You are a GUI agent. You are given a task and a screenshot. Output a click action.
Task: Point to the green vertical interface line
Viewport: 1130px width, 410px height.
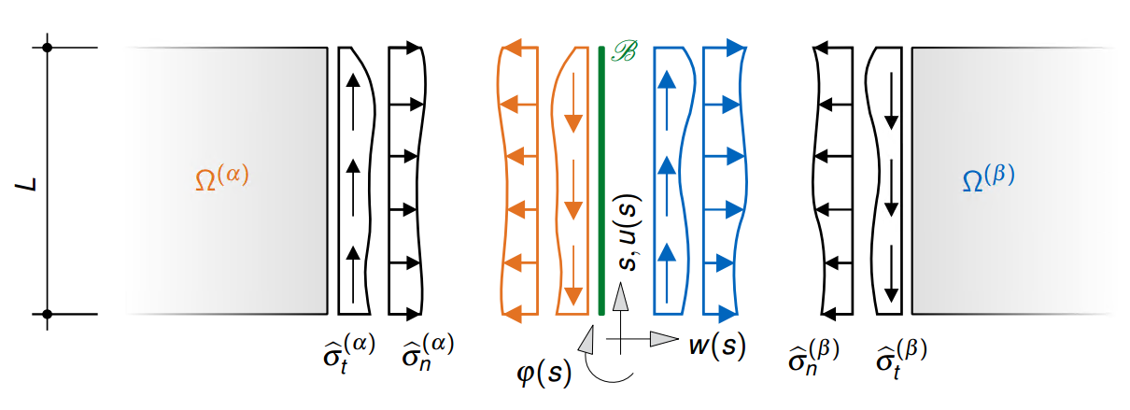pos(600,177)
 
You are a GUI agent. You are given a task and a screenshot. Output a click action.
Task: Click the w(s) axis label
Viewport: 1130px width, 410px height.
pos(716,346)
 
